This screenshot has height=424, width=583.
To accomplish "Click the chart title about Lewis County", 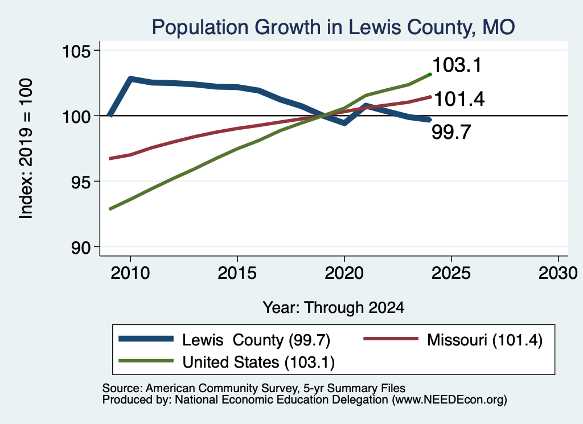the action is point(333,27).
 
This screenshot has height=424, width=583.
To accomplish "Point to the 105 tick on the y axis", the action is point(77,51).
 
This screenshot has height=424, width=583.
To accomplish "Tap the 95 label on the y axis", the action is point(81,182).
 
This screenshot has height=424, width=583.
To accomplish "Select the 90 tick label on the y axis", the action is point(81,247).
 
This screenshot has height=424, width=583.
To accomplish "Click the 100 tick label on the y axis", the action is point(77,116).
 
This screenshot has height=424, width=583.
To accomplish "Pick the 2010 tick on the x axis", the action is point(130,273).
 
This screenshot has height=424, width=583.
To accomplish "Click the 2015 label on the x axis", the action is point(237,273).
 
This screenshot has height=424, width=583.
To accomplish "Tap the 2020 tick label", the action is point(344,273).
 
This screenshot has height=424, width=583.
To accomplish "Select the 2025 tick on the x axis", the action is point(451,273).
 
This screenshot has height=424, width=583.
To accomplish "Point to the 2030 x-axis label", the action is point(558,273).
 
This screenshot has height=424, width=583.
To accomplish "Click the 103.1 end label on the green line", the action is point(457,65).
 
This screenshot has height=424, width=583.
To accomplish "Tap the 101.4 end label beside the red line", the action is point(459,99).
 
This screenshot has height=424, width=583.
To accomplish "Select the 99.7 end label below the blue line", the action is point(451,132).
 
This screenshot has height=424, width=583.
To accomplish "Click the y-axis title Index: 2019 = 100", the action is point(26,149).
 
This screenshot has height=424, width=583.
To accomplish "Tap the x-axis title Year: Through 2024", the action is point(334,308).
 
